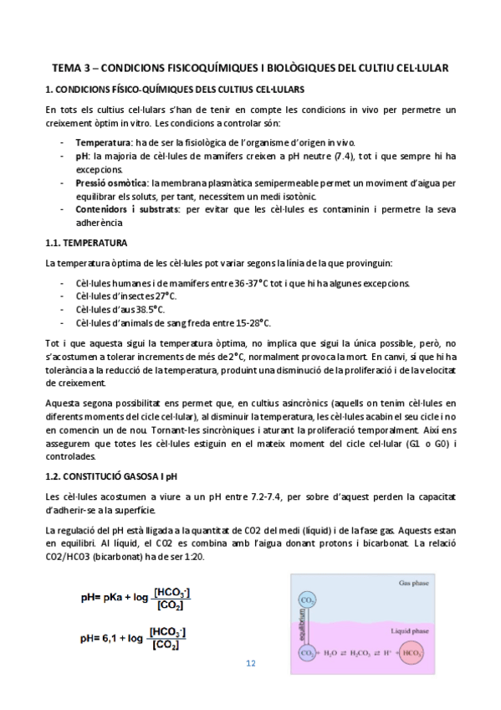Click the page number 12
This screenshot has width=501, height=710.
250,664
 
